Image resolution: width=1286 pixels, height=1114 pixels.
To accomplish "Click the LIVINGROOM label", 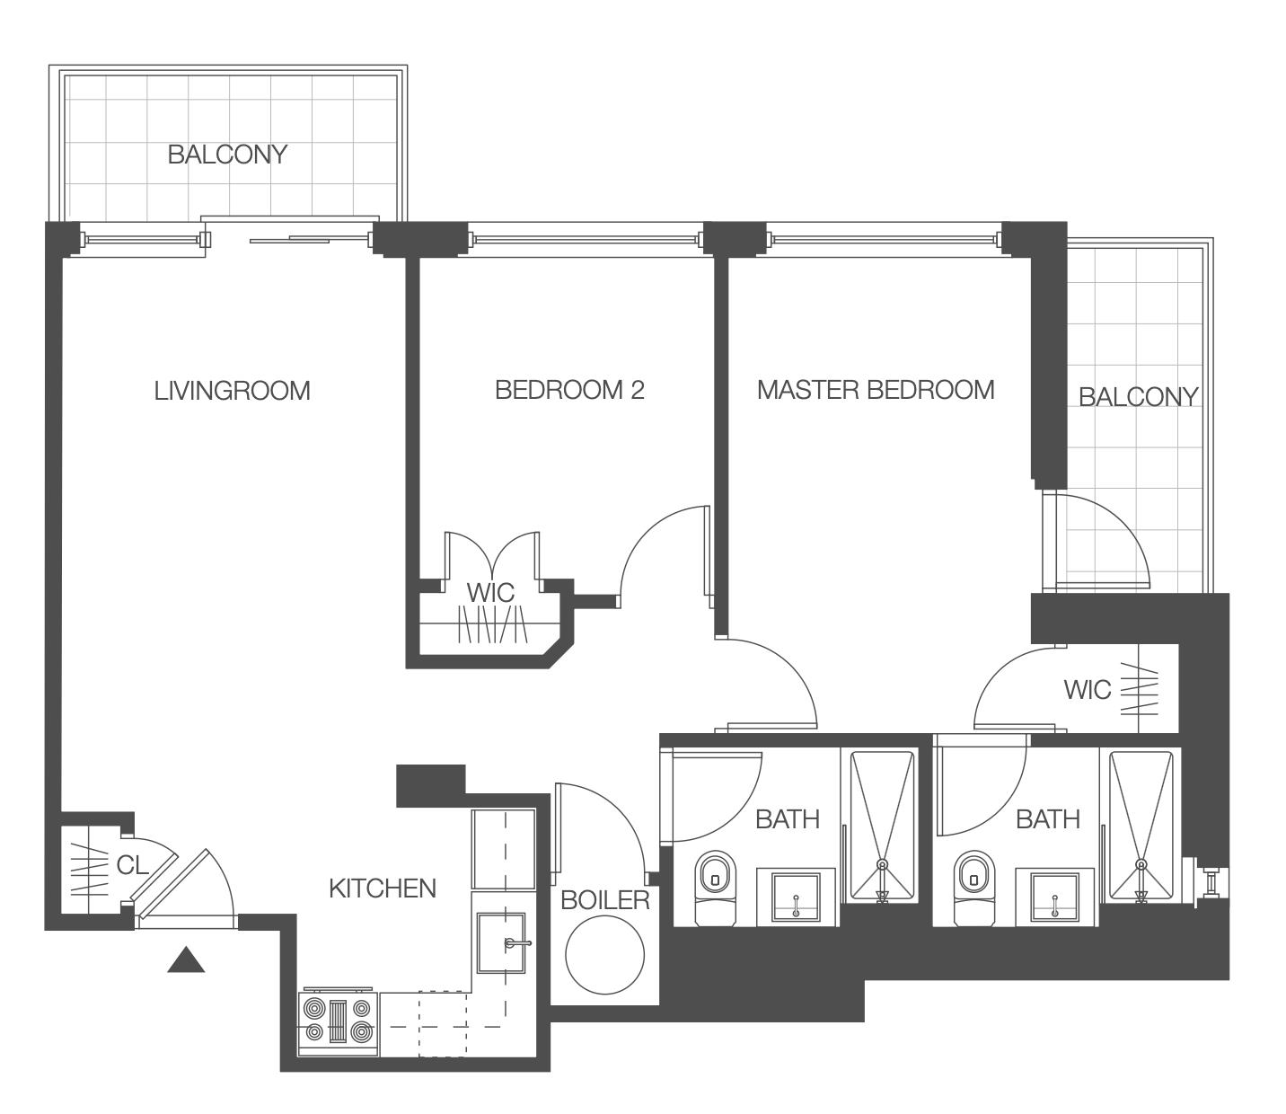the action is pyautogui.click(x=232, y=391).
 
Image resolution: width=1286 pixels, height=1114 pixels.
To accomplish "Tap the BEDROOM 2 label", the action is pyautogui.click(x=569, y=390).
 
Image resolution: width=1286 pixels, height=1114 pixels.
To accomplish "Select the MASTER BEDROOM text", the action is pyautogui.click(x=876, y=390).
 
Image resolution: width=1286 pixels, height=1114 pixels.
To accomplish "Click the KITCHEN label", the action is pyautogui.click(x=382, y=889).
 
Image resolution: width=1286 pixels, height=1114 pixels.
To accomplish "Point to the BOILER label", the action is pyautogui.click(x=604, y=900).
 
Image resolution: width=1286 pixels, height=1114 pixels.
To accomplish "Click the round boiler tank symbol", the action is pyautogui.click(x=604, y=956).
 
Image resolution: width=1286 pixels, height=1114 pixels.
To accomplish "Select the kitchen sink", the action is pyautogui.click(x=501, y=942).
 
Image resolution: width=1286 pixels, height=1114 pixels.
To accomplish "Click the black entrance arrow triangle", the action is pyautogui.click(x=186, y=959).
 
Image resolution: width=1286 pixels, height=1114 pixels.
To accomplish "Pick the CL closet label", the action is pyautogui.click(x=132, y=865).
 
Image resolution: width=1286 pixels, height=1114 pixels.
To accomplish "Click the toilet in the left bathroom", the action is pyautogui.click(x=715, y=888).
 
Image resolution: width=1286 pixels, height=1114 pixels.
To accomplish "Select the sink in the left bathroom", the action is pyautogui.click(x=796, y=897).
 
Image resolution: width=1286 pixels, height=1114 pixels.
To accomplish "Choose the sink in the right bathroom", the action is pyautogui.click(x=1054, y=897).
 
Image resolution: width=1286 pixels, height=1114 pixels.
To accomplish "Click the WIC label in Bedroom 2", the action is pyautogui.click(x=490, y=592).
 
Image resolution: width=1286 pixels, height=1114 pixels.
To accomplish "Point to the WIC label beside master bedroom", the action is pyautogui.click(x=1087, y=690).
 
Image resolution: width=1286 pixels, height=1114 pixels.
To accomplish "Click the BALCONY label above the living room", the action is pyautogui.click(x=228, y=155).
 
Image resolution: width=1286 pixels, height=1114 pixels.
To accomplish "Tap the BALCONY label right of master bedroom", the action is pyautogui.click(x=1138, y=397).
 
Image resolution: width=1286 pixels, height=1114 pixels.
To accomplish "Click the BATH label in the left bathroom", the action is pyautogui.click(x=787, y=819).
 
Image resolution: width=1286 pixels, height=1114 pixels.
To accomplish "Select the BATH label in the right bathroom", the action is pyautogui.click(x=1048, y=819).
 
